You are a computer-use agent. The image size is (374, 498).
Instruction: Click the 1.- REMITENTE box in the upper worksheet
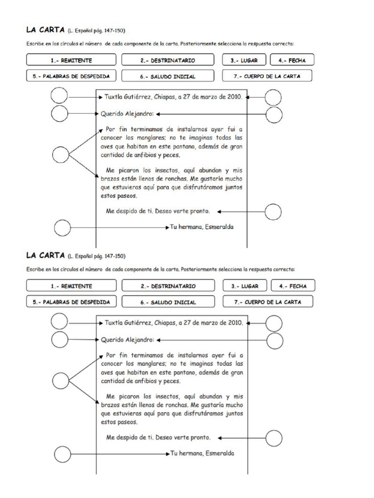pos(71,60)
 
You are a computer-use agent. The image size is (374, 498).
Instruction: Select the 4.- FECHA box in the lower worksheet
pos(293,286)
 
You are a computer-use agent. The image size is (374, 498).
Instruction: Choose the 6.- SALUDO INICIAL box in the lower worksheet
pos(168,302)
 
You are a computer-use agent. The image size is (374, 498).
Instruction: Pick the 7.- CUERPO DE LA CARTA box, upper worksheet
pos(267,76)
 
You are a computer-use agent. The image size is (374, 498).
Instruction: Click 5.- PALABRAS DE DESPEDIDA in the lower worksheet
pos(71,302)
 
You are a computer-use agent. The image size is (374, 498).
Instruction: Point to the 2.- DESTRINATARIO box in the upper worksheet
pos(168,60)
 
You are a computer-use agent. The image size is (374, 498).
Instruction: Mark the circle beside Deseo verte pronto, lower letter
pos(274,438)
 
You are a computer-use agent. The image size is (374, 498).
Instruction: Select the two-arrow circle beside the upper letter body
pos(60,155)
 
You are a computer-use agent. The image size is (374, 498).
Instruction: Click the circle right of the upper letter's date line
pos(273,97)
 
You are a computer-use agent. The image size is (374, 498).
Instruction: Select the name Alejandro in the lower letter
pos(139,339)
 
